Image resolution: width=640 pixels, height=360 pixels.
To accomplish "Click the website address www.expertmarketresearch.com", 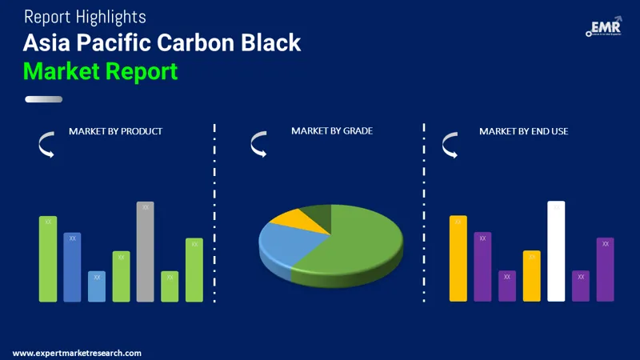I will pyautogui.click(x=77, y=353).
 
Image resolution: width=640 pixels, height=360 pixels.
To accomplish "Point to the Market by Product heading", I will pyautogui.click(x=115, y=130).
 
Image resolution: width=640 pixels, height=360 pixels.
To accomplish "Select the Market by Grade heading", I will pyautogui.click(x=331, y=130).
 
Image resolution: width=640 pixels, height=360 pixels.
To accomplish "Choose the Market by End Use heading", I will pyautogui.click(x=523, y=130).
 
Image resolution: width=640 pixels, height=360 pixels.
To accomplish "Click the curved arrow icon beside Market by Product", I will pyautogui.click(x=46, y=145).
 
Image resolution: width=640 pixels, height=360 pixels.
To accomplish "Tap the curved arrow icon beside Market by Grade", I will pyautogui.click(x=258, y=145).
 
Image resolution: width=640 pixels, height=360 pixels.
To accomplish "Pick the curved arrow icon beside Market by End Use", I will pyautogui.click(x=450, y=145).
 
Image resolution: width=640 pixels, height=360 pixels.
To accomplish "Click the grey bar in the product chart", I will pyautogui.click(x=145, y=251).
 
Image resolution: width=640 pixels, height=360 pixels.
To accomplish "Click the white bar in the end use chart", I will pyautogui.click(x=556, y=251).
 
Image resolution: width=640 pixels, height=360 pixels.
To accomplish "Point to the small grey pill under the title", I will pyautogui.click(x=43, y=99).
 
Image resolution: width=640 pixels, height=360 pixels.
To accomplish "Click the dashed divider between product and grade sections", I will pyautogui.click(x=214, y=216).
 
